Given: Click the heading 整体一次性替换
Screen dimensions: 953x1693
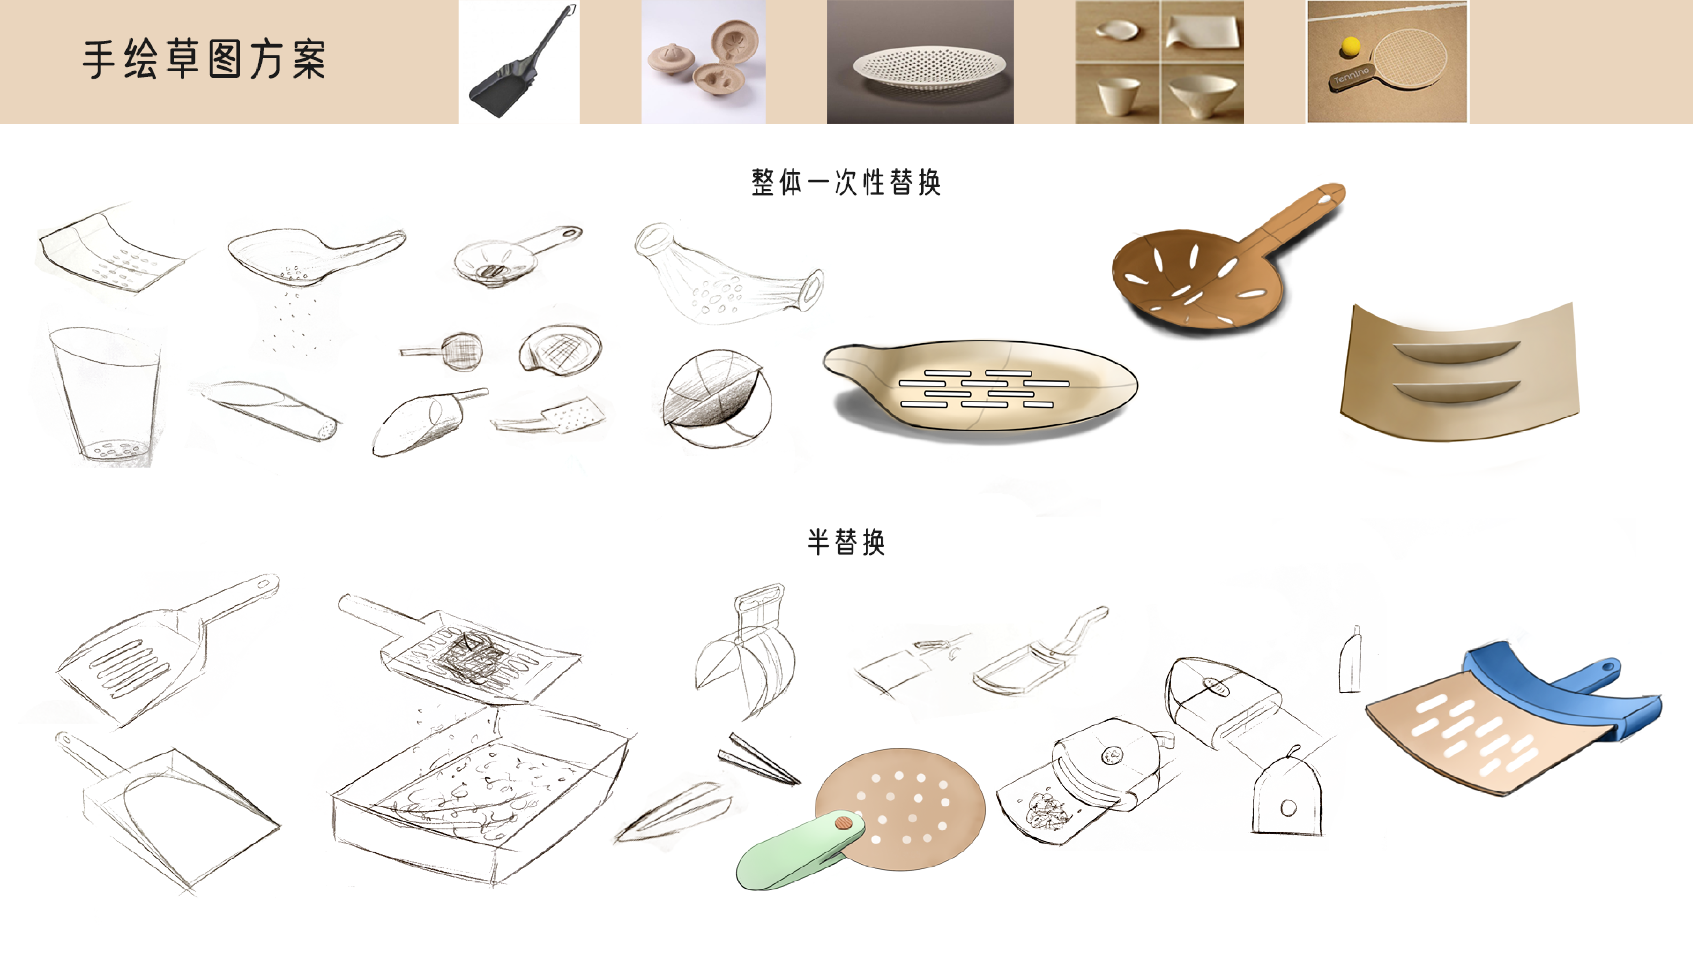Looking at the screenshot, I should (846, 182).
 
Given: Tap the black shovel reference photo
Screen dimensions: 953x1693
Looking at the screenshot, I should (519, 62).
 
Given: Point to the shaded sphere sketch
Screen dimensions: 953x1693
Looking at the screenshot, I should (716, 398).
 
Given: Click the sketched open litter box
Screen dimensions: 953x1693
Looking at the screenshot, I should (480, 796).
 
